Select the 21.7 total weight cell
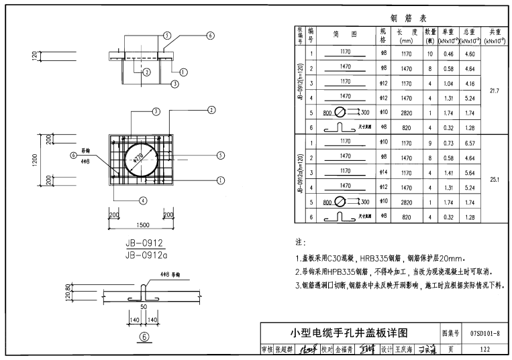point(495,90)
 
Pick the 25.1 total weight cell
point(495,179)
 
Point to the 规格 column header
point(383,35)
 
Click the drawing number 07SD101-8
point(484,333)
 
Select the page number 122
point(484,349)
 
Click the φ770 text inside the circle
point(138,159)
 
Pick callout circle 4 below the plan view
point(143,200)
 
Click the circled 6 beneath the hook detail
point(143,337)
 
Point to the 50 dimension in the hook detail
point(142,306)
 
